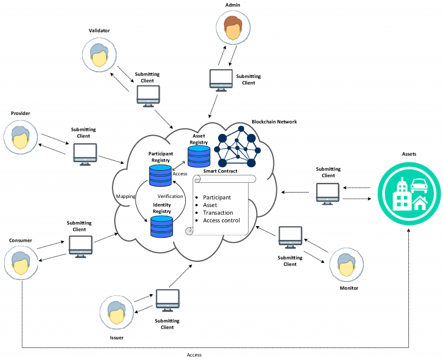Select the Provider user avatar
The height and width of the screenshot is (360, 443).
[x=21, y=134]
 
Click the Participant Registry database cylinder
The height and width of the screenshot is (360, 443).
[x=160, y=175]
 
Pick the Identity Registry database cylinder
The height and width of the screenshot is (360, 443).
[x=162, y=226]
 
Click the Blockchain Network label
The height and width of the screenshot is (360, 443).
[x=274, y=122]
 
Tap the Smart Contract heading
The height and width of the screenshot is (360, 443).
[x=221, y=172]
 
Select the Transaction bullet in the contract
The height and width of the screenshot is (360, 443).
[x=218, y=212]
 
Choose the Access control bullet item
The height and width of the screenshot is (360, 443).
[x=221, y=220]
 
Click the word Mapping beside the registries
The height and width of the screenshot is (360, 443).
[x=125, y=196]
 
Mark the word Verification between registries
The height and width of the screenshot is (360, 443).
[x=170, y=196]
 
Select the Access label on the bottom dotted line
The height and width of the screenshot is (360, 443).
[x=194, y=355]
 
